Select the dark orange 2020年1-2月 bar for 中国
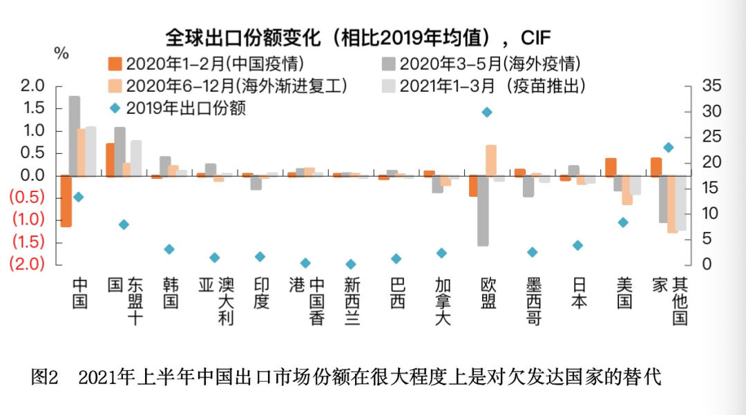[66, 201]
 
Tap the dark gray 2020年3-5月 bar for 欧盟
[483, 211]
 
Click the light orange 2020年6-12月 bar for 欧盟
[491, 161]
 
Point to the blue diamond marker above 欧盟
[487, 112]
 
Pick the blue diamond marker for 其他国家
[668, 147]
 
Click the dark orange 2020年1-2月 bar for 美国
[611, 167]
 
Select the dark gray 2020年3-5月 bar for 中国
[75, 136]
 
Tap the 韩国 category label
[171, 293]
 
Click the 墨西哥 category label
[533, 301]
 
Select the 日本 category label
[578, 293]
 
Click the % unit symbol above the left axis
[61, 54]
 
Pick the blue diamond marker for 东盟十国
[124, 224]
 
